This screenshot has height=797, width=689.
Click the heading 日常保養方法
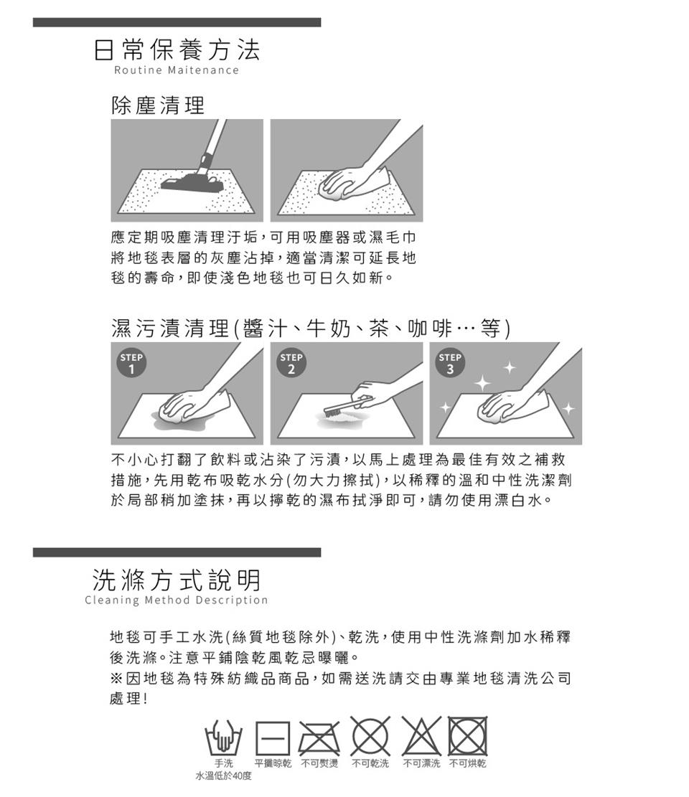tap(177, 49)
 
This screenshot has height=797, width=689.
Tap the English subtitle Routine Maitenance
tap(177, 70)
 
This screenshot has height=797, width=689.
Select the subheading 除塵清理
tap(158, 105)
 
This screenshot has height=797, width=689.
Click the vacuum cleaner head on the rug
tap(193, 182)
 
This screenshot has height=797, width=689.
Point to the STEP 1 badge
tap(131, 363)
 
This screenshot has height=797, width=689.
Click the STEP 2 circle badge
tap(291, 363)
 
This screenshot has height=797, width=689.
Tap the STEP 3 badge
tap(450, 363)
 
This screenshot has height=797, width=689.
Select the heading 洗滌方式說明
tap(177, 580)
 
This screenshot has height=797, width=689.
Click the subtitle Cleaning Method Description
tap(177, 600)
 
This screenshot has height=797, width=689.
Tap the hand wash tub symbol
tap(223, 737)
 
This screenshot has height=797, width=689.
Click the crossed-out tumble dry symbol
tap(468, 736)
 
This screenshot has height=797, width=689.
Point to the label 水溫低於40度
tap(224, 776)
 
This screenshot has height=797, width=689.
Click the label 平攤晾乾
tap(273, 763)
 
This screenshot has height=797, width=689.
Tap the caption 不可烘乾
tap(468, 763)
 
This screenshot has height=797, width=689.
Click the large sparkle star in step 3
tap(482, 382)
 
